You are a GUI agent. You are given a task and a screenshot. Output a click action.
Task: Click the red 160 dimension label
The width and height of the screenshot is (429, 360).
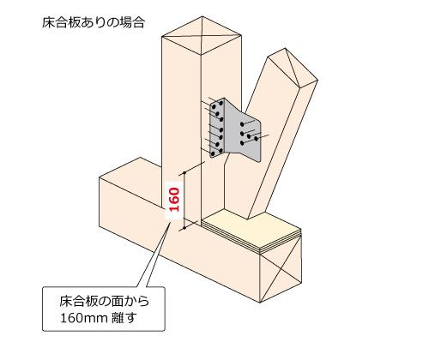174,200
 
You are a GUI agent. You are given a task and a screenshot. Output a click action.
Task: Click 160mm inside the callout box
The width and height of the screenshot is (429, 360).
80,318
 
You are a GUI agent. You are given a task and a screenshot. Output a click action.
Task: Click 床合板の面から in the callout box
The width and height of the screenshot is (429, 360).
104,301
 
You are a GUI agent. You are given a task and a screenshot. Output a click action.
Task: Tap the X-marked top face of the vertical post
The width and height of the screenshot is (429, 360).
202,35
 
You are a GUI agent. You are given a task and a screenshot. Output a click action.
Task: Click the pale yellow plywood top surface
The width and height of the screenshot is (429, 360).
251,229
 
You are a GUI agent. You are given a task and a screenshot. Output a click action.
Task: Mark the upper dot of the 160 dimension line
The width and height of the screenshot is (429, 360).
184,172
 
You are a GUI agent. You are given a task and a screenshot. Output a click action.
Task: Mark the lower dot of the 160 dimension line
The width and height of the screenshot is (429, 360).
184,228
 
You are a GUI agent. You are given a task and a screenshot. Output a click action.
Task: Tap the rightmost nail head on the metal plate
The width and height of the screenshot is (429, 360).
256,139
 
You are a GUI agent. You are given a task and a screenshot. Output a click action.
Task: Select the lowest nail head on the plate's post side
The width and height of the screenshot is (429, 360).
213,154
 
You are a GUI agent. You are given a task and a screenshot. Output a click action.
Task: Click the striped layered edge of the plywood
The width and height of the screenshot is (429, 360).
251,239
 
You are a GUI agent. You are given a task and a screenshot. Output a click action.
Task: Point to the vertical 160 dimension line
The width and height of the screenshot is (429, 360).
184,200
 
